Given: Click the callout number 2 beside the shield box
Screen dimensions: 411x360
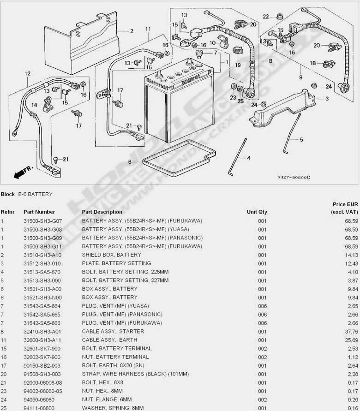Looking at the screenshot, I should (132, 31).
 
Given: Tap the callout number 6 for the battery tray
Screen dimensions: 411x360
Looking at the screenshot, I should (130, 162).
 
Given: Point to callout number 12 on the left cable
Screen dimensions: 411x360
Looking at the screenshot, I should (27, 73).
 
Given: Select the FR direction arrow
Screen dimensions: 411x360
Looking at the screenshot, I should (21, 173).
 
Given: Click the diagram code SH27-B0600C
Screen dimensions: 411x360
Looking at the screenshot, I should (294, 177).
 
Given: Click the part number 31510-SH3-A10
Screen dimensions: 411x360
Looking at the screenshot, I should (42, 255).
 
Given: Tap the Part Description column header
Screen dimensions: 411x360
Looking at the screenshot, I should (102, 212).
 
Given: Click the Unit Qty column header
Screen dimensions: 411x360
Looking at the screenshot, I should (257, 212).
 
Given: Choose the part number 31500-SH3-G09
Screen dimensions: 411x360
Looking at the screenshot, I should (42, 238).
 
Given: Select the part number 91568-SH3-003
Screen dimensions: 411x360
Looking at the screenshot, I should (42, 374).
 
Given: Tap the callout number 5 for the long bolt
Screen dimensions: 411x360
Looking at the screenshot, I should (301, 139).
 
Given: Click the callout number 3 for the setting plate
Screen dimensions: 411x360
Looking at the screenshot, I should (326, 99).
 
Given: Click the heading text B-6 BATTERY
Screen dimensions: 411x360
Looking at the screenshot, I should (35, 195).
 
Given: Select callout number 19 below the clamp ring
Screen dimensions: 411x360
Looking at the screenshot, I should (238, 65).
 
